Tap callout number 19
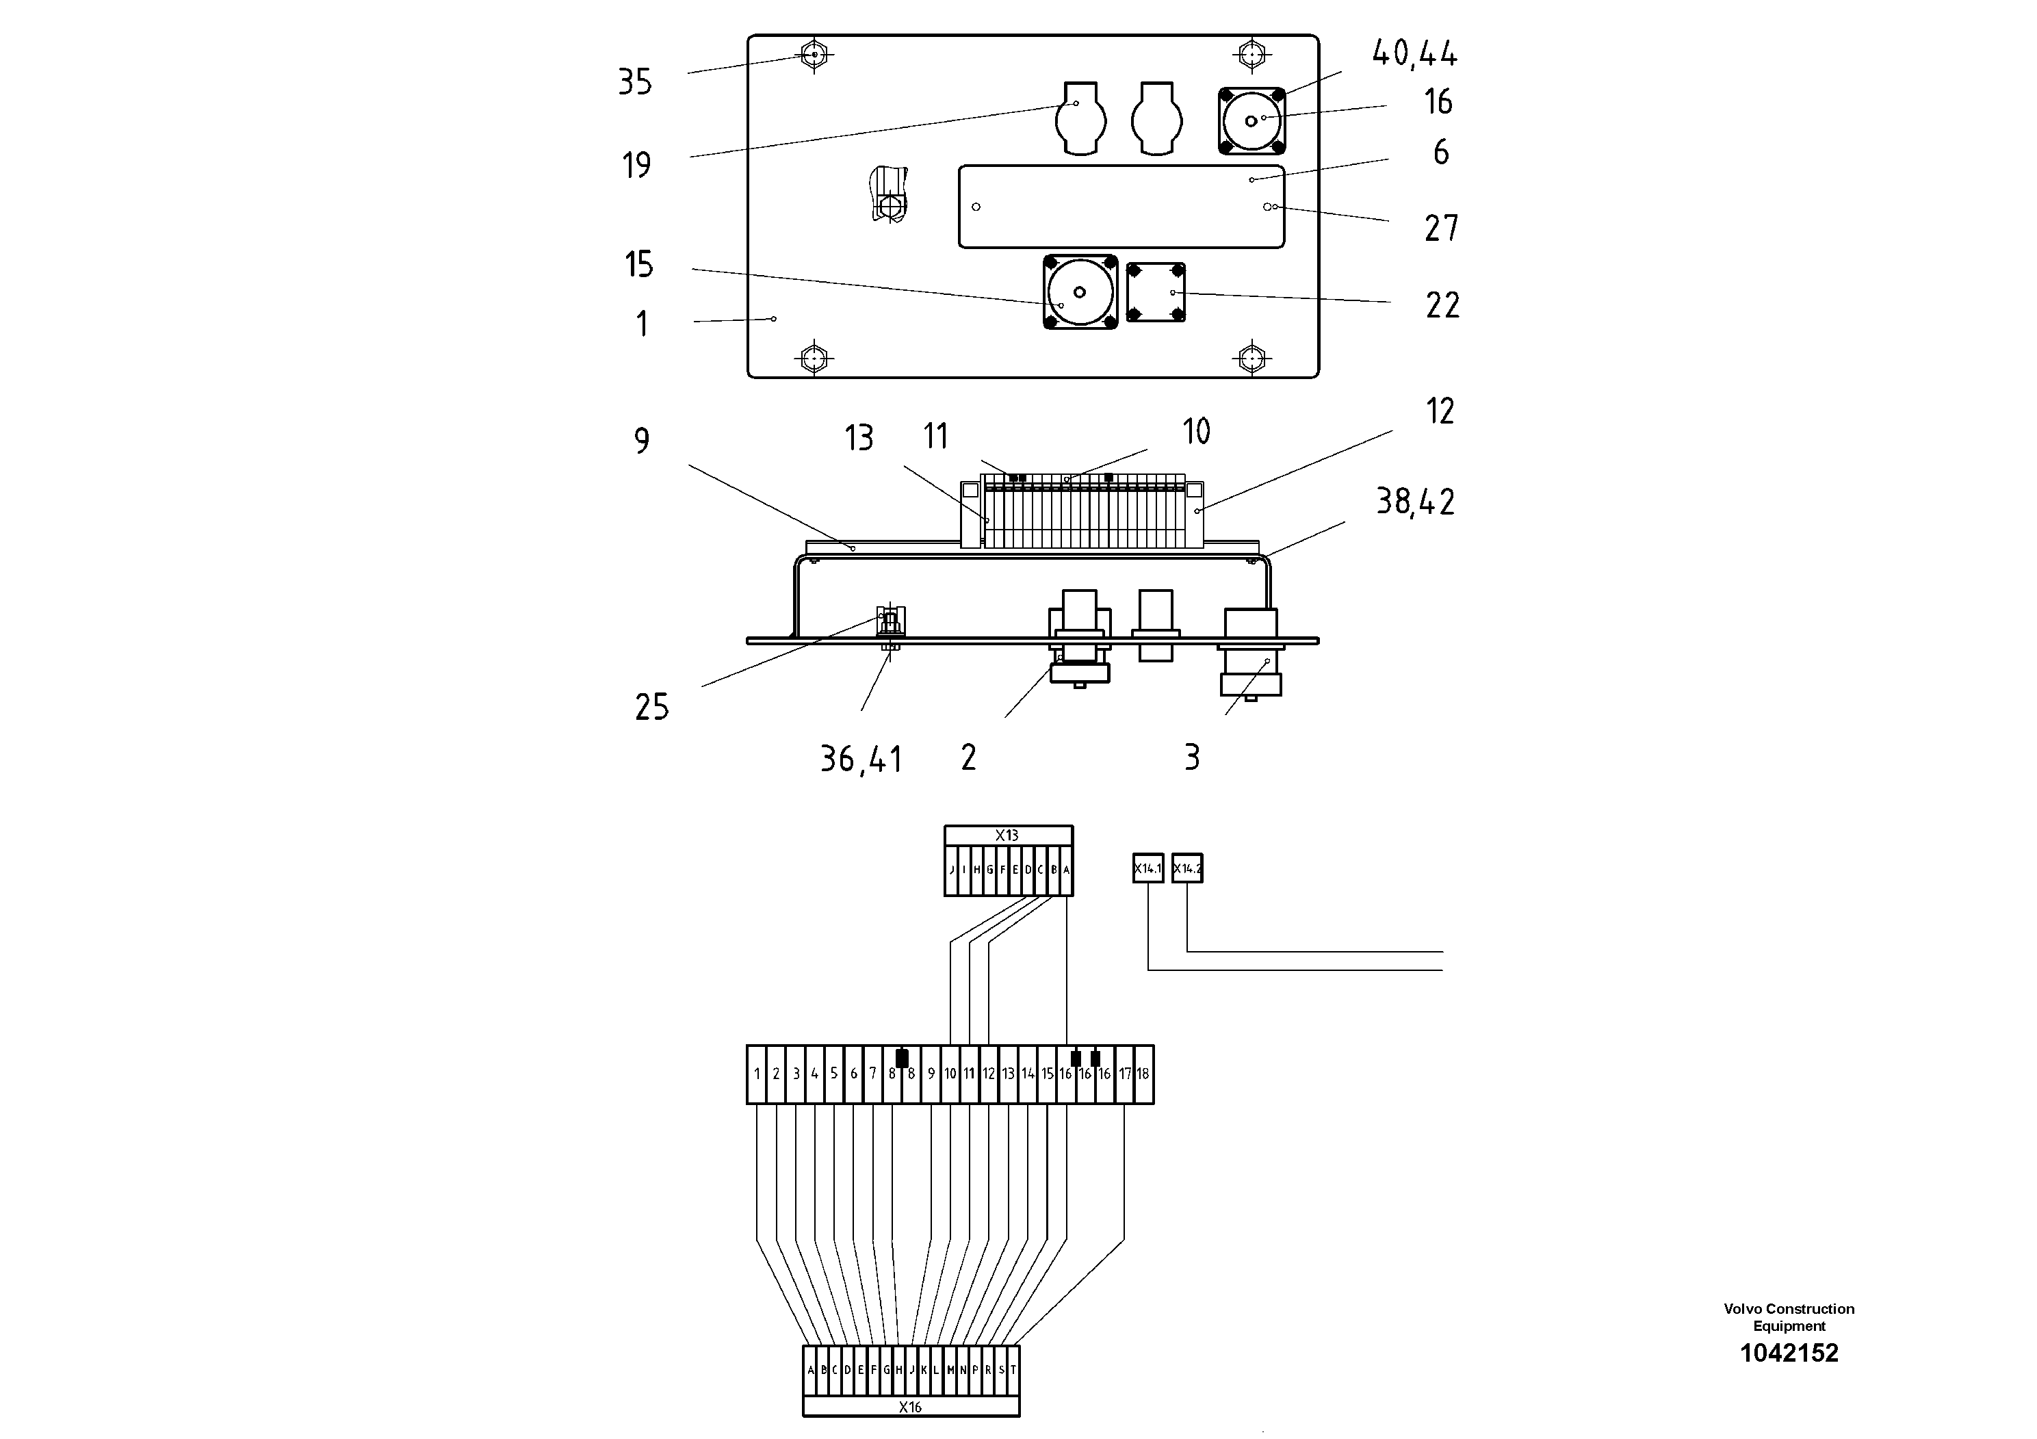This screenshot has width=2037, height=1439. pyautogui.click(x=636, y=165)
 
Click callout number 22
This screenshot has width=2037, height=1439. pyautogui.click(x=1442, y=306)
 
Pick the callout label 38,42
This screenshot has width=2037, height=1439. pyautogui.click(x=1414, y=502)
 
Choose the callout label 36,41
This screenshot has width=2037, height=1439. pyautogui.click(x=861, y=760)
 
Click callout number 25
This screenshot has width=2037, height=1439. pyautogui.click(x=651, y=707)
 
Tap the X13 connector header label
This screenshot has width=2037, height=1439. pyautogui.click(x=1007, y=835)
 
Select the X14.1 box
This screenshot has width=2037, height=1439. pyautogui.click(x=1147, y=868)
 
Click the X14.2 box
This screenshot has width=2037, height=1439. pyautogui.click(x=1187, y=868)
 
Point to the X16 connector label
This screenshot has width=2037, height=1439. pyautogui.click(x=910, y=1407)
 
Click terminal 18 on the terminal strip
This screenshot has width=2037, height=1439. pyautogui.click(x=1143, y=1074)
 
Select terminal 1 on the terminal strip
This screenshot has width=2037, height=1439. pyautogui.click(x=757, y=1074)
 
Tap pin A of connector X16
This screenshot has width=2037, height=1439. pyautogui.click(x=811, y=1370)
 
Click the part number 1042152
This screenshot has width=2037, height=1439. pyautogui.click(x=1789, y=1353)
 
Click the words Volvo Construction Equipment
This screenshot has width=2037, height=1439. pyautogui.click(x=1789, y=1317)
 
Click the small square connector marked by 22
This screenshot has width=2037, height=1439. pyautogui.click(x=1155, y=292)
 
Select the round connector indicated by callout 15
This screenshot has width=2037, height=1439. pyautogui.click(x=1080, y=292)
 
